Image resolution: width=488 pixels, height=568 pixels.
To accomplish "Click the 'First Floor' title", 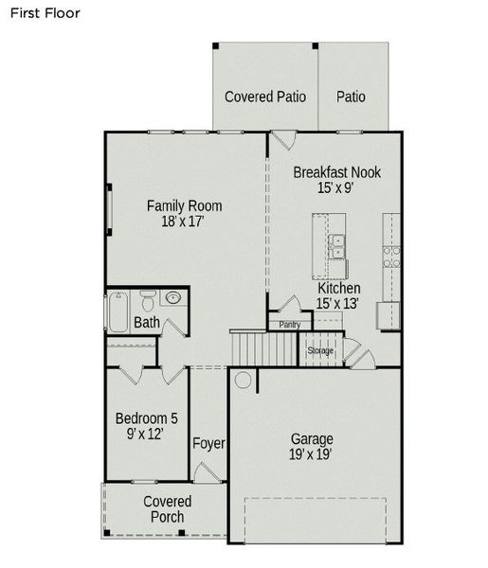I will click(x=45, y=13).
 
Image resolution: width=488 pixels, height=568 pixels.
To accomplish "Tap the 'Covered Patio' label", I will click(x=264, y=97).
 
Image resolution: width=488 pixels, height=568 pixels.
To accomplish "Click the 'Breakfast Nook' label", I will click(x=336, y=172).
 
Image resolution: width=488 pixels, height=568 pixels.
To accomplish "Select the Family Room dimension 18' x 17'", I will click(x=184, y=222).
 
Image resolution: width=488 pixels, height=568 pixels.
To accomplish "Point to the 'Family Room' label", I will click(x=184, y=205).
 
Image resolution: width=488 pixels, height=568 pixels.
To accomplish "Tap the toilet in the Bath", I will click(x=148, y=304).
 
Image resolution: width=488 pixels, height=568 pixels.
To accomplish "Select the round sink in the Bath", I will click(x=173, y=299).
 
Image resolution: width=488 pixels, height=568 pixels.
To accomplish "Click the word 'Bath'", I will click(x=147, y=323).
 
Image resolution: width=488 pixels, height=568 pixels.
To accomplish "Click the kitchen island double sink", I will click(x=337, y=247).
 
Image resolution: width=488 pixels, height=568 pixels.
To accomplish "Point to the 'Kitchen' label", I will click(x=338, y=288).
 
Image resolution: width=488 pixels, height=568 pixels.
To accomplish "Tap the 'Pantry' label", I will click(x=290, y=325).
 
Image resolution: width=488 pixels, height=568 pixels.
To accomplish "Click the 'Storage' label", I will click(x=320, y=351).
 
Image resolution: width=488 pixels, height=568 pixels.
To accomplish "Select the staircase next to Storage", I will click(x=254, y=346).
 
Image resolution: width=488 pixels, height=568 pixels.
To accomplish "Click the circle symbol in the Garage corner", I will click(x=244, y=381).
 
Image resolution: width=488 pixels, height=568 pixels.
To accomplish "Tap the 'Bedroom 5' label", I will click(x=146, y=418).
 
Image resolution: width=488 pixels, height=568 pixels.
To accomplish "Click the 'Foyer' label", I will click(x=208, y=443).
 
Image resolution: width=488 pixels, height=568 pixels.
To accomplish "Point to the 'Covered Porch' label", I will click(x=167, y=509).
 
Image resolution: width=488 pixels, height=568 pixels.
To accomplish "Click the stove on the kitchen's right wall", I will click(x=389, y=255).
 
